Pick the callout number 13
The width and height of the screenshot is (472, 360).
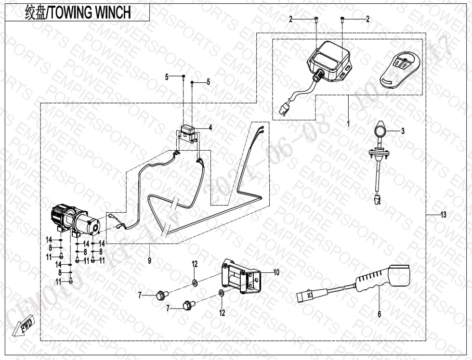coord(443,215)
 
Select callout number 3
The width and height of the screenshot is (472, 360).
coord(403,130)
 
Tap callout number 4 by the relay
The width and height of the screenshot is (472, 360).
coord(210,128)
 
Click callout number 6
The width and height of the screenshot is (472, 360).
coord(379,314)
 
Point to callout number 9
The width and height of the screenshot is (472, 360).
coord(150,260)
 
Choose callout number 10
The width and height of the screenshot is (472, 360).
coord(276,272)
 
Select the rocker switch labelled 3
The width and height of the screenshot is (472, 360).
coord(379,131)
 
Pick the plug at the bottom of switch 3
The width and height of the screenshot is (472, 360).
coord(377,200)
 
